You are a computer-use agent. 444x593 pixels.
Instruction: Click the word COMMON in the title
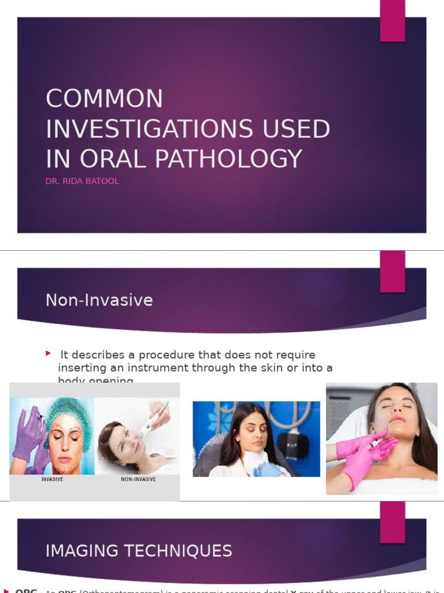[104, 99]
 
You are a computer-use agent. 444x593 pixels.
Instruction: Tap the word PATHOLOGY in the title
[231, 159]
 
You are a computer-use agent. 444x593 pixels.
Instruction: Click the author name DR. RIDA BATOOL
[82, 181]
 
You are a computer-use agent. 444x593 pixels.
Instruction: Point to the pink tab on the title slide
[392, 21]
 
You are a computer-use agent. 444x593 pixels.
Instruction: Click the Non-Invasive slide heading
[99, 300]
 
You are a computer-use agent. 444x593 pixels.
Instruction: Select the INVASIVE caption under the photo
[51, 479]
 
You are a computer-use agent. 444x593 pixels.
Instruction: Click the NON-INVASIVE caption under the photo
[138, 479]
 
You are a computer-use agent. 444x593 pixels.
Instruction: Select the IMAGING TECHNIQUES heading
[139, 551]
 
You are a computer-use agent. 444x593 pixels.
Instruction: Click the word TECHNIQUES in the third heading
[184, 551]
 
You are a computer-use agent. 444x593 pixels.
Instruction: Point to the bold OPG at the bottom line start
[27, 590]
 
